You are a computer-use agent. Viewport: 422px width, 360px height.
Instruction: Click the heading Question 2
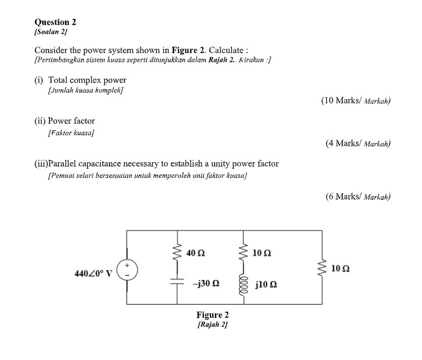[x=55, y=22]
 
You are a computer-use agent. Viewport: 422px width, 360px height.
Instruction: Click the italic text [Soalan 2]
[x=51, y=32]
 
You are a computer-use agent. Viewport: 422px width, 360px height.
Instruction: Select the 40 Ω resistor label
[x=196, y=253]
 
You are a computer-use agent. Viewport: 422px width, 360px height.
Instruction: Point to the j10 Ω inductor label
[x=266, y=285]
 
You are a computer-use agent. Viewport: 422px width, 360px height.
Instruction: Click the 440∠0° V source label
[x=94, y=273]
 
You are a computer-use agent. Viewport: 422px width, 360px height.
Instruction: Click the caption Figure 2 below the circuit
[x=212, y=315]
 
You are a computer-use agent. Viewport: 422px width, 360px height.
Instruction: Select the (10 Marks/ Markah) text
[x=356, y=101]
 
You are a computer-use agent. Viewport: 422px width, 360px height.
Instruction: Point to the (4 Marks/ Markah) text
[x=358, y=143]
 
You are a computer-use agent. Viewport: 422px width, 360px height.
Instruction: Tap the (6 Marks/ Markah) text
[x=358, y=197]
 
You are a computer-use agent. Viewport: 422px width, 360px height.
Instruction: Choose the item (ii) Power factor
[x=65, y=121]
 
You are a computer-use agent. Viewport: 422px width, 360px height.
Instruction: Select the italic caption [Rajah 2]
[x=212, y=324]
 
